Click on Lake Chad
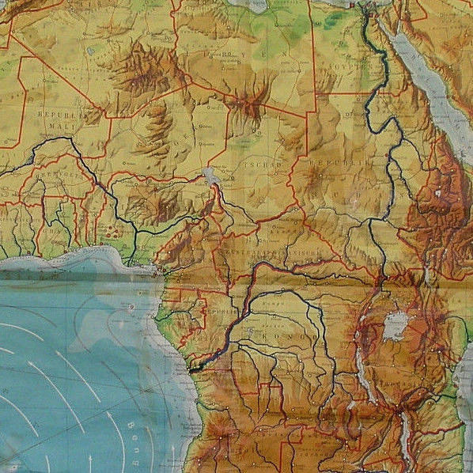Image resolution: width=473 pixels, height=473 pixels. coord(210,175)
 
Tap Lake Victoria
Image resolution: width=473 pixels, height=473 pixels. coord(395,324)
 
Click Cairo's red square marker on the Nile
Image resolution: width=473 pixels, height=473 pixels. coord(366,9)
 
